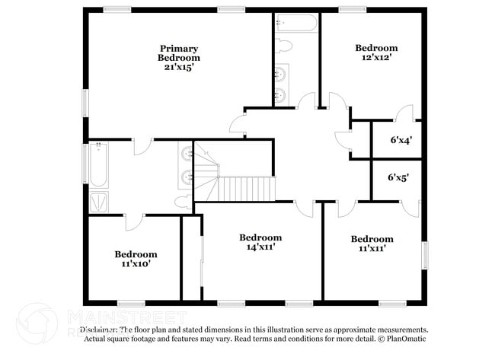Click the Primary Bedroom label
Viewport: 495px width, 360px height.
pyautogui.click(x=179, y=53)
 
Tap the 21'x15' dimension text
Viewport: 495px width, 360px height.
pyautogui.click(x=179, y=67)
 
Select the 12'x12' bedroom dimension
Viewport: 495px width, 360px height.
pyautogui.click(x=376, y=58)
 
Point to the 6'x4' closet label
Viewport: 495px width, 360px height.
pyautogui.click(x=401, y=140)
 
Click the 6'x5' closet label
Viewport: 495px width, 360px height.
pyautogui.click(x=398, y=177)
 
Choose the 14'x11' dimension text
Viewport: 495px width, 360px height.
pyautogui.click(x=260, y=247)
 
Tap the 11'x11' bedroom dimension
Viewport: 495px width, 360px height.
pyautogui.click(x=372, y=248)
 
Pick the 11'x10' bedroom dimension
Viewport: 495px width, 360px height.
pyautogui.click(x=136, y=264)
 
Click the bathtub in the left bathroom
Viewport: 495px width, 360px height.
pyautogui.click(x=98, y=164)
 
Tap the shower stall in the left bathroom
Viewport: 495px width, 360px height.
pyautogui.click(x=99, y=202)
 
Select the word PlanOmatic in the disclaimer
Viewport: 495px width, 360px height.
pyautogui.click(x=404, y=339)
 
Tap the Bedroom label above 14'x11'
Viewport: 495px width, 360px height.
pyautogui.click(x=260, y=237)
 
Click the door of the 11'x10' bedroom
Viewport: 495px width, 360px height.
pyautogui.click(x=134, y=221)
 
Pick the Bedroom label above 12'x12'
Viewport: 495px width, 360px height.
pyautogui.click(x=376, y=48)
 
